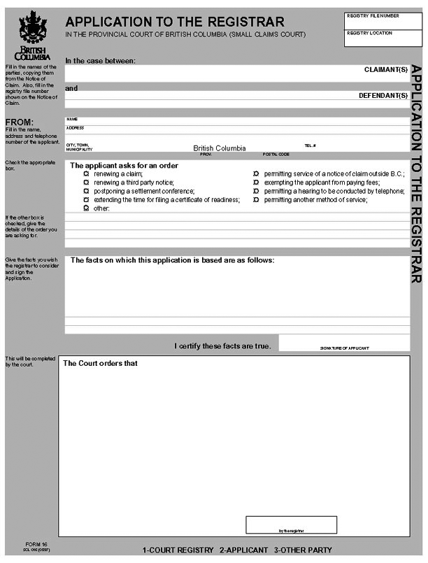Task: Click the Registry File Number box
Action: (383, 20)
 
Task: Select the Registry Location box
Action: (383, 38)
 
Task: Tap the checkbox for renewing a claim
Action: (87, 173)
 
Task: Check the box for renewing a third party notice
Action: (87, 182)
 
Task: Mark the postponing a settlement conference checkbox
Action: (87, 191)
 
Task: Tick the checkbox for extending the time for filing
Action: (87, 199)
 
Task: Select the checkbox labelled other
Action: (87, 208)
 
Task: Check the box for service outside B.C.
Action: (257, 173)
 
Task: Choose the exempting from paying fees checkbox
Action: (257, 182)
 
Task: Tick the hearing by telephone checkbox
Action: (257, 191)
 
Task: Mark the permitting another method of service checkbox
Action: (257, 199)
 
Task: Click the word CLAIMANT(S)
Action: (385, 70)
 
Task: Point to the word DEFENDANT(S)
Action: (383, 95)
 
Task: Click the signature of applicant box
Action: (344, 342)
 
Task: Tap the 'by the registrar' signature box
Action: (291, 525)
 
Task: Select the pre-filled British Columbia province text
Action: (220, 148)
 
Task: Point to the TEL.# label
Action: (311, 145)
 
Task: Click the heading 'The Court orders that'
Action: (100, 363)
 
